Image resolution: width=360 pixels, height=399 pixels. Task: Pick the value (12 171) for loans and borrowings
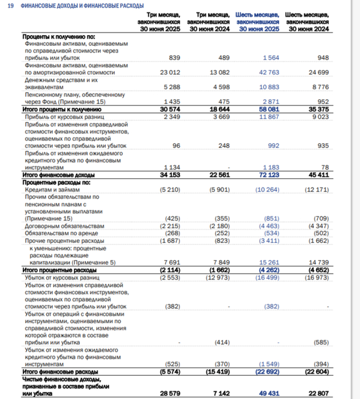pos(317,190)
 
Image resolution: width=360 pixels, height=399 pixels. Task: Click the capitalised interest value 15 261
pos(268,263)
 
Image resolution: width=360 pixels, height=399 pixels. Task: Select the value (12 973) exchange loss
pos(218,277)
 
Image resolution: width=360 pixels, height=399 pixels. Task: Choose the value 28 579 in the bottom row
pos(170,393)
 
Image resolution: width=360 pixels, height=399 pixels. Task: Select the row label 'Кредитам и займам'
pos(48,190)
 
